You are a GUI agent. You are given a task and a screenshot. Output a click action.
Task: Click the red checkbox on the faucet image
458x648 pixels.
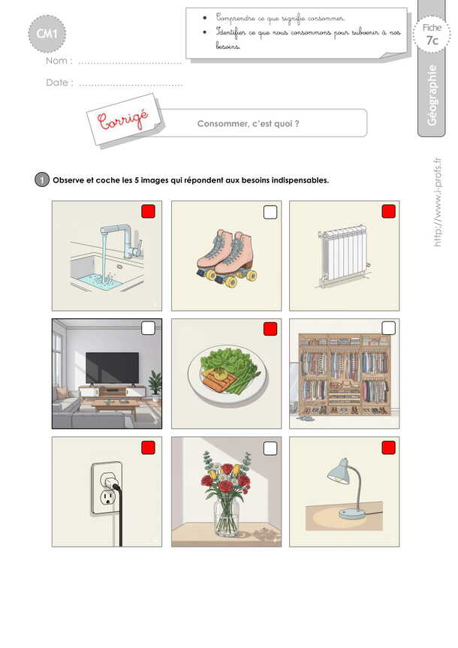click(x=148, y=211)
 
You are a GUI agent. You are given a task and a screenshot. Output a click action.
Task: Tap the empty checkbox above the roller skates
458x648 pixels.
click(x=270, y=212)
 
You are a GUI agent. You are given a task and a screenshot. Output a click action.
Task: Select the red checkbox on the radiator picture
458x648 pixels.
click(x=389, y=211)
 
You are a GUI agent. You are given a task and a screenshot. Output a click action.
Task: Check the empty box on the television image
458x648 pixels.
click(x=148, y=328)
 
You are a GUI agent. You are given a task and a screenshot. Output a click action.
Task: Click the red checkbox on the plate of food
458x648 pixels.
click(x=270, y=329)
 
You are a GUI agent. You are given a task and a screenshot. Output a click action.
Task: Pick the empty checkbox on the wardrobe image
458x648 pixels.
click(x=389, y=328)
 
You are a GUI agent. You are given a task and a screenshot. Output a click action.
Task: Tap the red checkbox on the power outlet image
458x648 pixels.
click(x=148, y=448)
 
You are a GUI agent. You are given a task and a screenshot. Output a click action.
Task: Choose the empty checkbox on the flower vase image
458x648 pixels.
click(x=270, y=448)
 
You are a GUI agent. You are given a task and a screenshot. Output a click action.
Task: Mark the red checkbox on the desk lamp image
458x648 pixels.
click(x=389, y=448)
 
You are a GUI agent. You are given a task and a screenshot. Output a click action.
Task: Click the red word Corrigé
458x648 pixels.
click(x=123, y=119)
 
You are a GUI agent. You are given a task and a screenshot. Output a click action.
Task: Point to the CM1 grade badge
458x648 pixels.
click(x=47, y=34)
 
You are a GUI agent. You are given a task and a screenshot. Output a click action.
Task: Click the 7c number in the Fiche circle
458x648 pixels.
click(x=432, y=41)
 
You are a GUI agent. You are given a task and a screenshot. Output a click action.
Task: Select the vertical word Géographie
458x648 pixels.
click(x=432, y=95)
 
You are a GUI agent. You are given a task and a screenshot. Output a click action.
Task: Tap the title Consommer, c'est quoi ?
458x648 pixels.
click(x=248, y=124)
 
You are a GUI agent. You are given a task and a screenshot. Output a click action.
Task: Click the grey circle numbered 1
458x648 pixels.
click(x=42, y=180)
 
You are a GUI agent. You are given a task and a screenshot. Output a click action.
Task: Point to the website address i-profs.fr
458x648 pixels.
click(x=437, y=202)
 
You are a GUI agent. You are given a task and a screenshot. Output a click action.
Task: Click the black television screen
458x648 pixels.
click(x=113, y=368)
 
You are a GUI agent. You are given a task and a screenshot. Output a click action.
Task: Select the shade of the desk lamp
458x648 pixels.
click(x=338, y=471)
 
